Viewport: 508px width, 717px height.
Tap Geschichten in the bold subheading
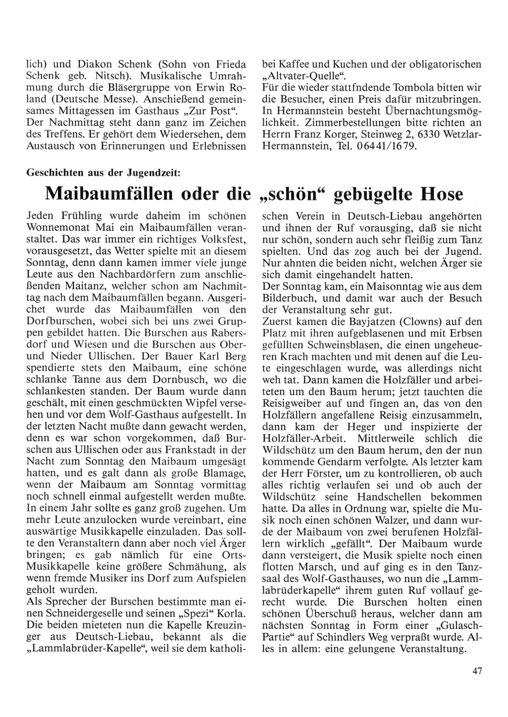(55, 173)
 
